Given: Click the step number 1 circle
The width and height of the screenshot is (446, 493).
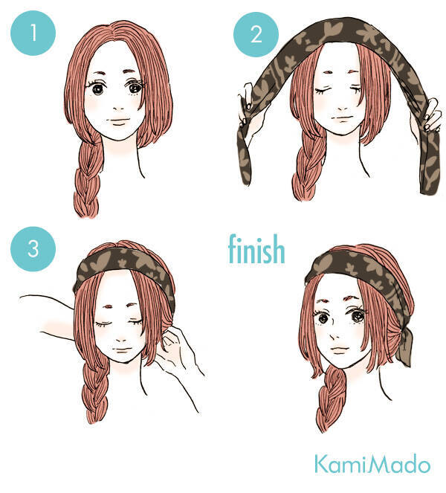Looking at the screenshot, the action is click(x=33, y=33).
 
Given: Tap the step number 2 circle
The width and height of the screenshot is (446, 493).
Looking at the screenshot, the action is click(x=256, y=34).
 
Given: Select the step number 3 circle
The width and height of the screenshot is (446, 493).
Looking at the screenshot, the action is click(x=33, y=248).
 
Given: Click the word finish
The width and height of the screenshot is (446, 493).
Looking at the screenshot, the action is click(x=256, y=249).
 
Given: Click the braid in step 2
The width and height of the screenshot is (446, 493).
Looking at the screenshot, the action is click(x=306, y=170).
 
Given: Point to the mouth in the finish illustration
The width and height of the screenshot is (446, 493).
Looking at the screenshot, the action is click(x=340, y=349).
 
